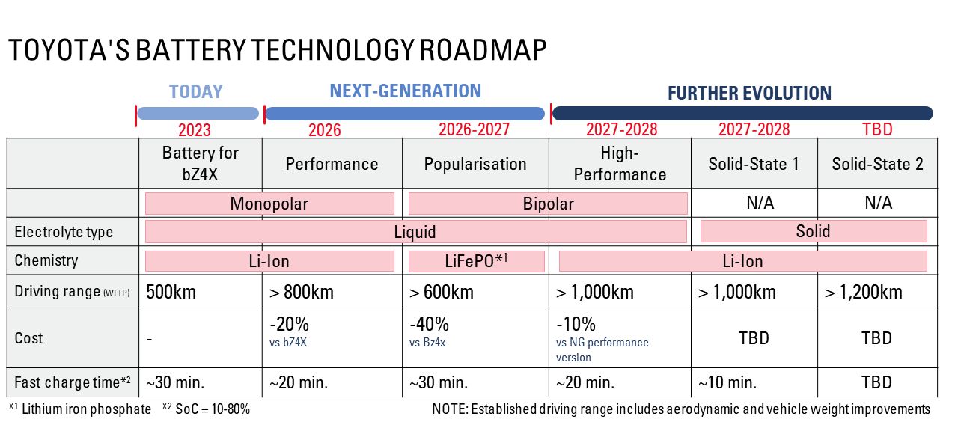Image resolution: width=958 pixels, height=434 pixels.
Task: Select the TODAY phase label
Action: [195, 92]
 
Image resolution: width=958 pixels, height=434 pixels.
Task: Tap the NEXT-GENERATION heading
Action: [405, 91]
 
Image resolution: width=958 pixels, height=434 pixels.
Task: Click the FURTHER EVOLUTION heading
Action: [748, 94]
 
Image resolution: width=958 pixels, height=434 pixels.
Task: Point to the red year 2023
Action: [195, 130]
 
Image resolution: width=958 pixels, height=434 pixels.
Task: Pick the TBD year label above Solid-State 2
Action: [877, 129]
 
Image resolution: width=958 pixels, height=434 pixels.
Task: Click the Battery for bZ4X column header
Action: [200, 163]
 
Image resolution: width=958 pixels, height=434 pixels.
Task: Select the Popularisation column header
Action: [475, 164]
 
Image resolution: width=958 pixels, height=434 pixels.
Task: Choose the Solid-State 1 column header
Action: [754, 164]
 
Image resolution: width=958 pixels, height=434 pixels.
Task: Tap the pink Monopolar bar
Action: [269, 204]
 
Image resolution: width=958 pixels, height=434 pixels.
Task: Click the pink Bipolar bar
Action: [547, 204]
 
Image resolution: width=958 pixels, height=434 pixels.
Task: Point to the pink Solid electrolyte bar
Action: [813, 231]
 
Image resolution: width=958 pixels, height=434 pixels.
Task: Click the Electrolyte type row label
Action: [64, 232]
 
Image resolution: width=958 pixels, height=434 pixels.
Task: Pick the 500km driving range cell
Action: [171, 292]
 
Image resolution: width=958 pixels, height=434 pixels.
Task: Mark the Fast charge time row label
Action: [73, 382]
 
